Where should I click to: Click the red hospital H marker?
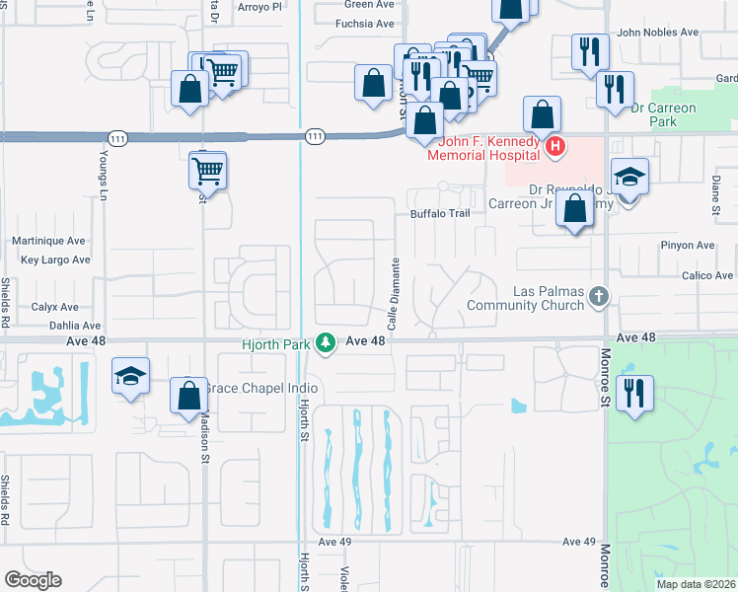pyautogui.click(x=555, y=147)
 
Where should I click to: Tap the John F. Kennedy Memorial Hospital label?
pyautogui.click(x=483, y=147)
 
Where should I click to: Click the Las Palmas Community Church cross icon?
pyautogui.click(x=596, y=295)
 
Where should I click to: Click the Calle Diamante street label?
pyautogui.click(x=393, y=294)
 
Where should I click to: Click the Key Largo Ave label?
pyautogui.click(x=55, y=259)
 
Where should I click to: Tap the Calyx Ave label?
pyautogui.click(x=54, y=307)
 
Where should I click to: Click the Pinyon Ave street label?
pyautogui.click(x=690, y=245)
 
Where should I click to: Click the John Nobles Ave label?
pyautogui.click(x=657, y=32)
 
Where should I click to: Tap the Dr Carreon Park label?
pyautogui.click(x=664, y=114)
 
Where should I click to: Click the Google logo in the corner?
pyautogui.click(x=33, y=579)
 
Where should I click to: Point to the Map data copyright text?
pyautogui.click(x=697, y=584)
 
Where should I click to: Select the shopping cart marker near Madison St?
pyautogui.click(x=207, y=171)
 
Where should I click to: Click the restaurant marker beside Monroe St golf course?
pyautogui.click(x=634, y=393)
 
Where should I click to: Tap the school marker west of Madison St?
pyautogui.click(x=130, y=377)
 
